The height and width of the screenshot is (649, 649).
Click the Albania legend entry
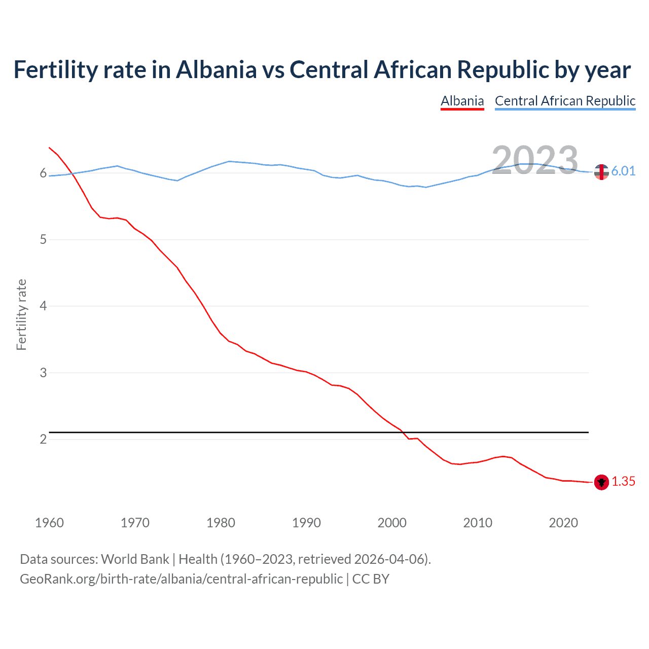462,101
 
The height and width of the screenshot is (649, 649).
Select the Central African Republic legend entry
565,101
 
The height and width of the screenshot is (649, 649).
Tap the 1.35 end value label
623,481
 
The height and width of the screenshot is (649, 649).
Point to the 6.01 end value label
623,171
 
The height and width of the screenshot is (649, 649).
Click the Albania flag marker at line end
601,482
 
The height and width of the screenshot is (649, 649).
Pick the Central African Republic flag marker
601,172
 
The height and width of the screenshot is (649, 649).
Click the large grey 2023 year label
535,161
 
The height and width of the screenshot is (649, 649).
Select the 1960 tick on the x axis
49,523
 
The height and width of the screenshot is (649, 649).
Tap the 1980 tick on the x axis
221,523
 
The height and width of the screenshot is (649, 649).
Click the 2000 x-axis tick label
392,523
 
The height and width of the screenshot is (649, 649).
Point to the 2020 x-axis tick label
563,523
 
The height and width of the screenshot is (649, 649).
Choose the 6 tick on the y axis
43,173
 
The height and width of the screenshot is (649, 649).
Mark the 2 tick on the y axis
43,439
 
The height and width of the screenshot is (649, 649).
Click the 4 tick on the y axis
43,306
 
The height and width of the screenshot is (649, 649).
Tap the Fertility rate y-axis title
21,314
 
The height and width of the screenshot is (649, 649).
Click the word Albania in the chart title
217,70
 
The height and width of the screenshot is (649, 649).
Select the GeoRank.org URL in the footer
181,579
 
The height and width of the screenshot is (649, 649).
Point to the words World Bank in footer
135,559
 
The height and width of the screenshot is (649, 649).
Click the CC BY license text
371,579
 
